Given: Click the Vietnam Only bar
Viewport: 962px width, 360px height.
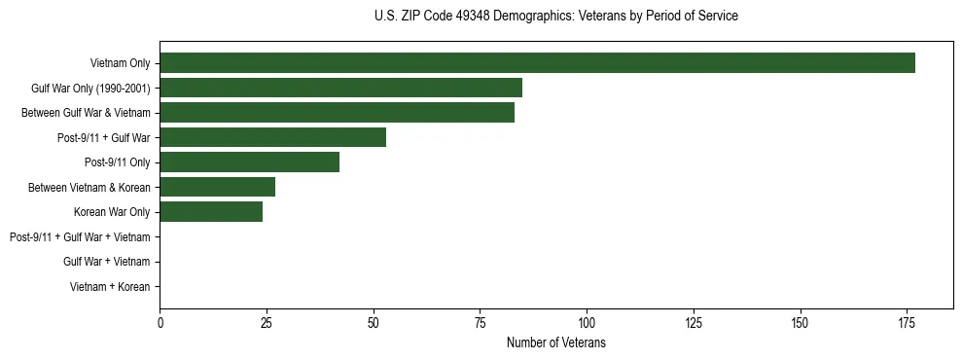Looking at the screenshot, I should [537, 63].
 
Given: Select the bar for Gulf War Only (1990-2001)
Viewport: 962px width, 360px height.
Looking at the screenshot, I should [340, 88].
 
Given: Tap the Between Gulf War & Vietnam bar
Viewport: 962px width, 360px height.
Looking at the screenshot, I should [337, 113].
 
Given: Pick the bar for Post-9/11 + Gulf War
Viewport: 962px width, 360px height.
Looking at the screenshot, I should [272, 137].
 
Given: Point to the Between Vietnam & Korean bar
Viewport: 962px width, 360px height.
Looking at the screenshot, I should [217, 187].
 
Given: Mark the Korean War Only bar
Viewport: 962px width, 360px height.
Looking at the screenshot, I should [211, 212].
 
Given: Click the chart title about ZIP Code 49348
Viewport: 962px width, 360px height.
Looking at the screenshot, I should [555, 17].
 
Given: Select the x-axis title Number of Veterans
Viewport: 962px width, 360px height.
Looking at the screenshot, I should [555, 342].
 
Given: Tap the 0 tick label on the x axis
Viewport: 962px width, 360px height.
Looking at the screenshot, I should [160, 322].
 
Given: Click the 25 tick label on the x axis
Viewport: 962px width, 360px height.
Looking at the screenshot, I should [267, 322].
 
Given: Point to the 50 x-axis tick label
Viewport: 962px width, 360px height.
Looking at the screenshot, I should [374, 322].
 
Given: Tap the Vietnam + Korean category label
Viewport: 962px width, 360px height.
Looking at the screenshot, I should [110, 287].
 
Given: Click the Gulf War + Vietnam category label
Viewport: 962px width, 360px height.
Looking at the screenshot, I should [106, 262].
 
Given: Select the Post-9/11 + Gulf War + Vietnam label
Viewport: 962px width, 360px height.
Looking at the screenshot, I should [80, 237].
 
